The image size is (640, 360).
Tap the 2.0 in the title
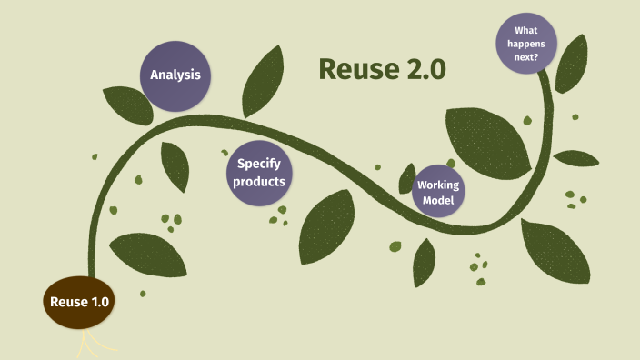click(422, 69)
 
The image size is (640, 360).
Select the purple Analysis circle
click(175, 75)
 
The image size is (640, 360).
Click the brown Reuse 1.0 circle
click(80, 302)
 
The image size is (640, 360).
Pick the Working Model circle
click(437, 192)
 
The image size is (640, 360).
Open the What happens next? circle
click(526, 43)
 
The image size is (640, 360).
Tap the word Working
click(437, 185)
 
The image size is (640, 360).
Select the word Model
click(437, 199)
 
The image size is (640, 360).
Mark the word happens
click(526, 43)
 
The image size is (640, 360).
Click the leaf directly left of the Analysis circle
click(126, 104)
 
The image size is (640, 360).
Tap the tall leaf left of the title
click(265, 82)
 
